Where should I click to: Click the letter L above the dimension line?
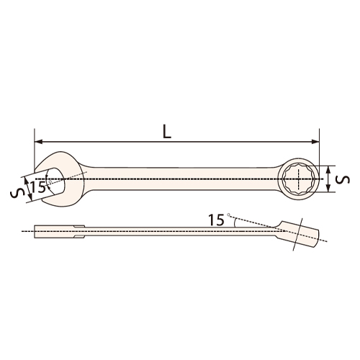[167, 130]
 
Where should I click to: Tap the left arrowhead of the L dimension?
[38, 141]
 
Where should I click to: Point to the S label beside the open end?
[15, 193]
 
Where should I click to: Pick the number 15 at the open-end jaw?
[38, 188]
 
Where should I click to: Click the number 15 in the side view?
[214, 218]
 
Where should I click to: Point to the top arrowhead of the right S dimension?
[329, 167]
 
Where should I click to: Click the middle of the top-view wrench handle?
[180, 177]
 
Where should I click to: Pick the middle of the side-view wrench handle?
[180, 232]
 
